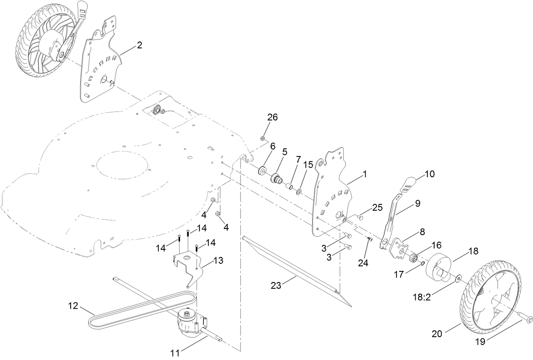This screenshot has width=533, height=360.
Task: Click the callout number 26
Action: coord(272,117)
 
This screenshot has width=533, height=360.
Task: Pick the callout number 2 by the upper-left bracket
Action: coord(139,45)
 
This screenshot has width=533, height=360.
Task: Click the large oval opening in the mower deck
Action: coord(123,165)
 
